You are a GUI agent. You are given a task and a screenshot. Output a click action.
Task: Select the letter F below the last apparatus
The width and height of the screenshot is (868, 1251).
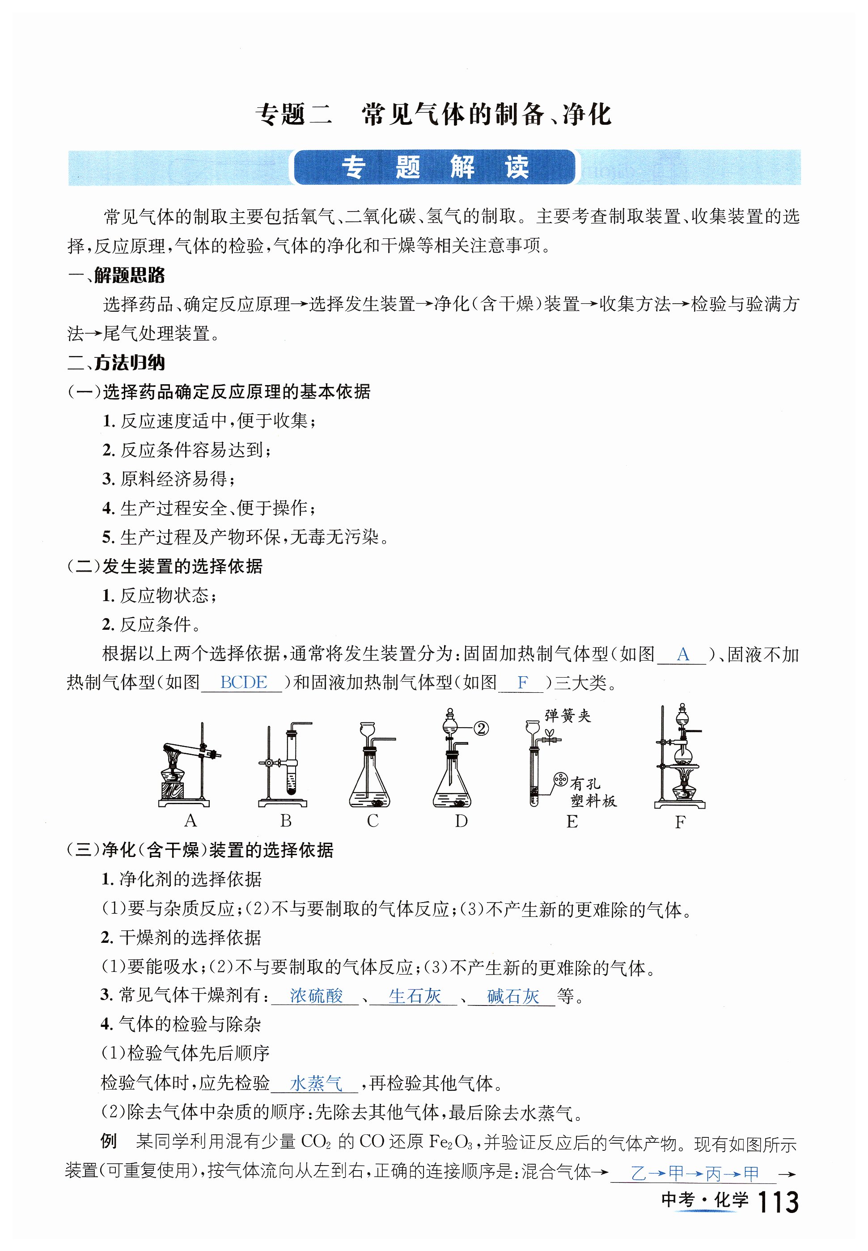point(680,822)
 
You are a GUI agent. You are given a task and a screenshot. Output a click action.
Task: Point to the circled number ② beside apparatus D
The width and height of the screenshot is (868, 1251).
point(481,728)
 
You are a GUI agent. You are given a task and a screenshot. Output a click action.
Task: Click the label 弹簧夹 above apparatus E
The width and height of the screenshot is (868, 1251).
point(568,716)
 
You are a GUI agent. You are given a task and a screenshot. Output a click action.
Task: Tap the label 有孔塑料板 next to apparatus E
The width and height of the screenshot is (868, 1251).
point(593,793)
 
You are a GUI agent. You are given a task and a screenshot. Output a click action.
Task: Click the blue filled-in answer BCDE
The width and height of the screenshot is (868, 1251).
point(243,682)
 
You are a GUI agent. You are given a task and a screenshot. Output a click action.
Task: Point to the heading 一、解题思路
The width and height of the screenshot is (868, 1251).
point(116,275)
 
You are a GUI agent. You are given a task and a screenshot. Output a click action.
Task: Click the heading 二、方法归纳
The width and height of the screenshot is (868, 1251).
point(116,362)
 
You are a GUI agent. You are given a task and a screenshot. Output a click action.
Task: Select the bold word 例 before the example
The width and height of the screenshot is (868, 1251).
point(109,1141)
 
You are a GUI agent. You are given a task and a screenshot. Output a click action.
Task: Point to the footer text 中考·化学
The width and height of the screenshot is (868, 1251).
point(705,1200)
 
